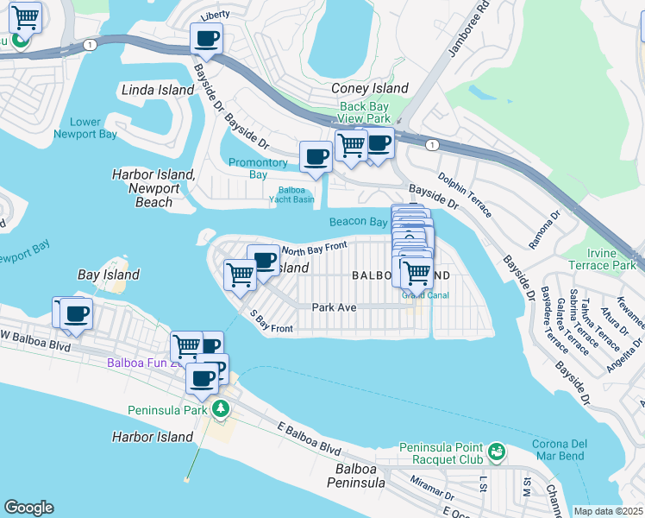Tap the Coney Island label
pos(370,89)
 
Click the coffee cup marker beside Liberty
pos(206,39)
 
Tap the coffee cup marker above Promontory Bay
pos(316,157)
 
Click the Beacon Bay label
pos(358,222)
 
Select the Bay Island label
pos(109,275)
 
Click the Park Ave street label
pos(335,306)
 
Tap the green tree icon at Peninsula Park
pos(222,409)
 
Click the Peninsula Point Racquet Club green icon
pos(496,451)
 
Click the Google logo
pos(28,508)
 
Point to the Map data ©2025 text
pos(608,511)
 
